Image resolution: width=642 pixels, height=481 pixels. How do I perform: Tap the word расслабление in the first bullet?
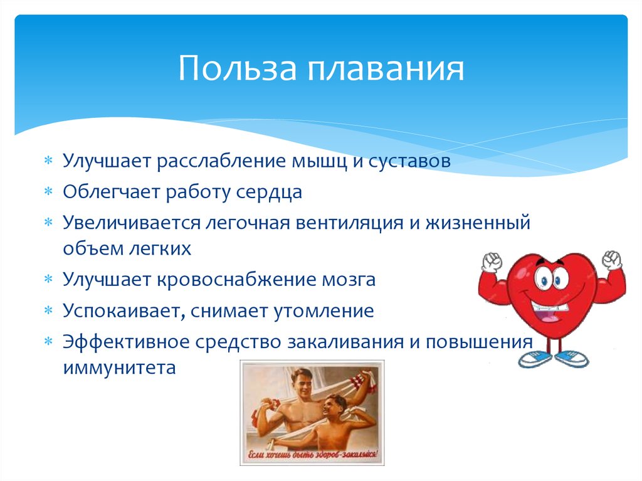click(223, 161)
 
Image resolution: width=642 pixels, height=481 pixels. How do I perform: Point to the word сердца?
click(269, 192)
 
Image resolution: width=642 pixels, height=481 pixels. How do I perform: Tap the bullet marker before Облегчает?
click(48, 193)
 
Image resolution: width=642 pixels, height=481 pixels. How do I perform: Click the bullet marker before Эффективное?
click(48, 342)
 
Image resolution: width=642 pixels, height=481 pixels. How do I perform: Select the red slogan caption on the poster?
click(312, 454)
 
